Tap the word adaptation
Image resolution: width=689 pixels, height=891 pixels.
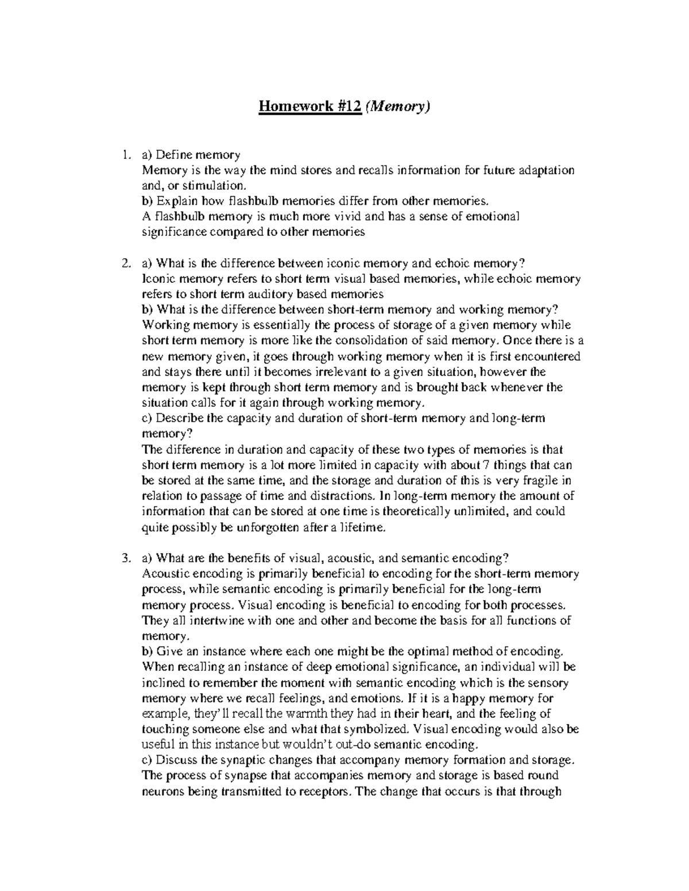click(x=544, y=170)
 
